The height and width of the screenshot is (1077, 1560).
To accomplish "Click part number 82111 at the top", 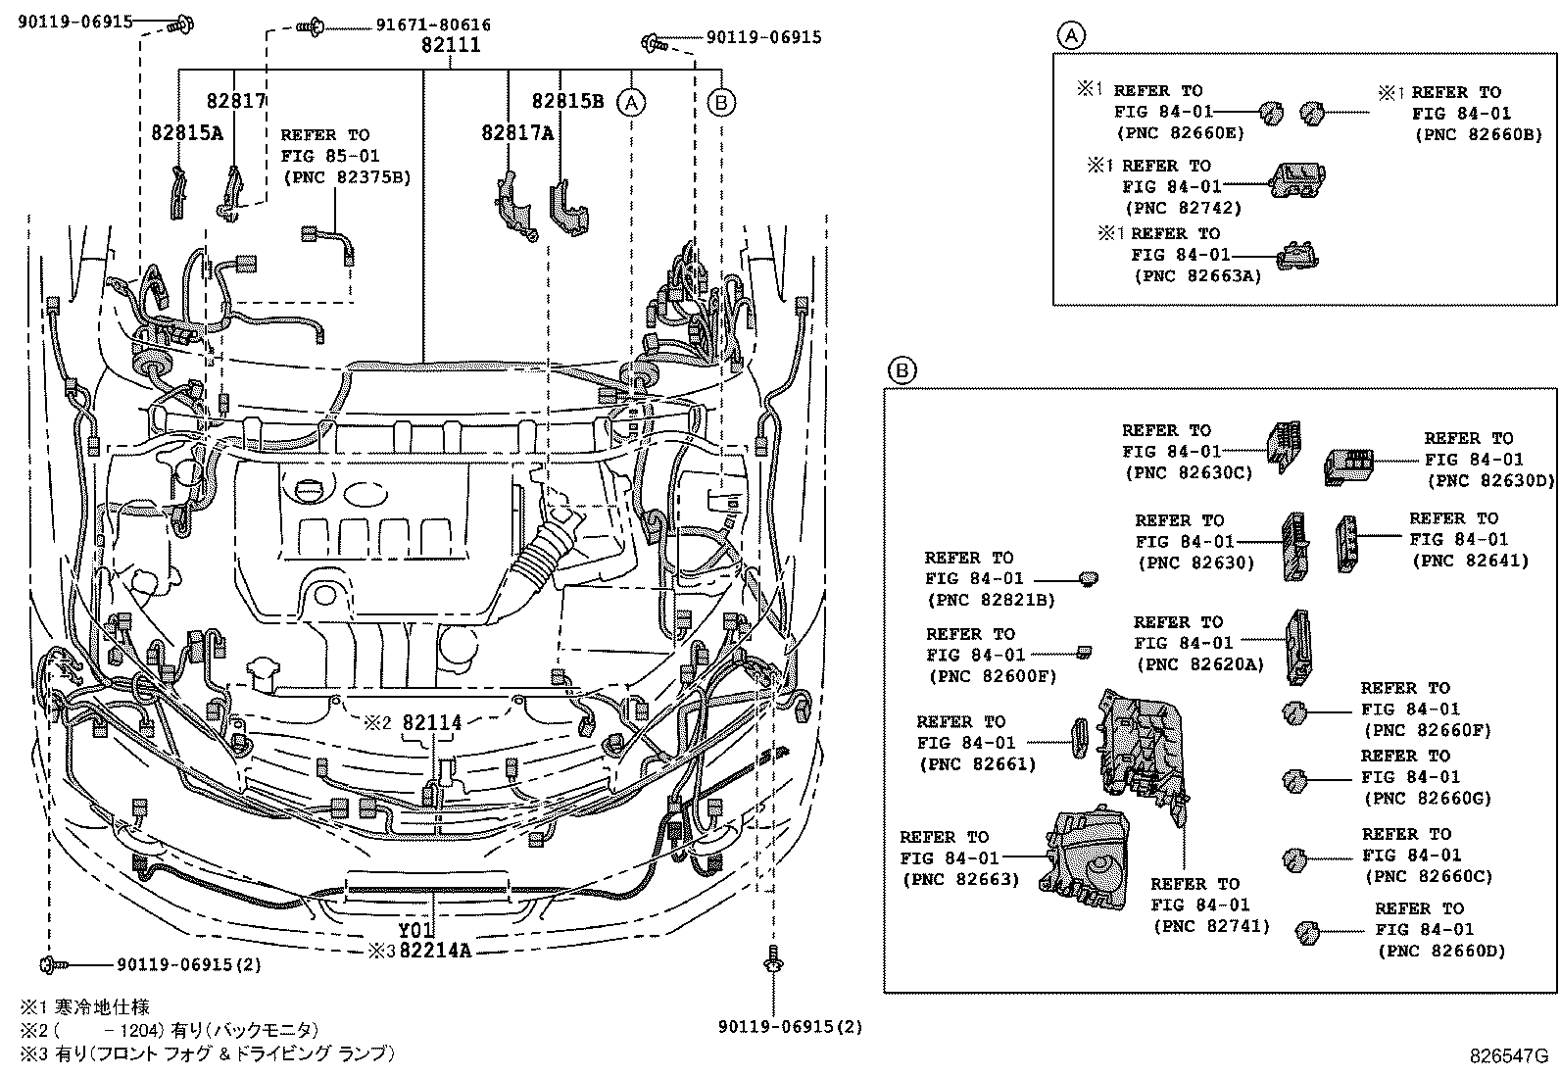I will click(451, 45).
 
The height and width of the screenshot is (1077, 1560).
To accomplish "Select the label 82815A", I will click(187, 132).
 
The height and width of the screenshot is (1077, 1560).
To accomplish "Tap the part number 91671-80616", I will click(433, 24).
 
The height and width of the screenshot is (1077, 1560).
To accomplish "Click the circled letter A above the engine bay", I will click(632, 101).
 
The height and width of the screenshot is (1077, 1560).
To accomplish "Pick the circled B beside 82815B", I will click(721, 101).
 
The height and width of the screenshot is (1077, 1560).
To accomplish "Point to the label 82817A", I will click(516, 132).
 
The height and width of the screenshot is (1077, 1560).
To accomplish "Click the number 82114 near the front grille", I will click(431, 722).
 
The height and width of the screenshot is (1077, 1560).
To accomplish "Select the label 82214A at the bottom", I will click(435, 950).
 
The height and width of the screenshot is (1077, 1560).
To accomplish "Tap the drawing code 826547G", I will click(1507, 1055).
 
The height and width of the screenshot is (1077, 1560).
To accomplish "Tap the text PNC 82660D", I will click(1440, 951).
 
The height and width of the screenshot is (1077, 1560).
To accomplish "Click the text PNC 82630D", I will click(1490, 480).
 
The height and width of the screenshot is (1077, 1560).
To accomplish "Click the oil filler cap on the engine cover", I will click(307, 487).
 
